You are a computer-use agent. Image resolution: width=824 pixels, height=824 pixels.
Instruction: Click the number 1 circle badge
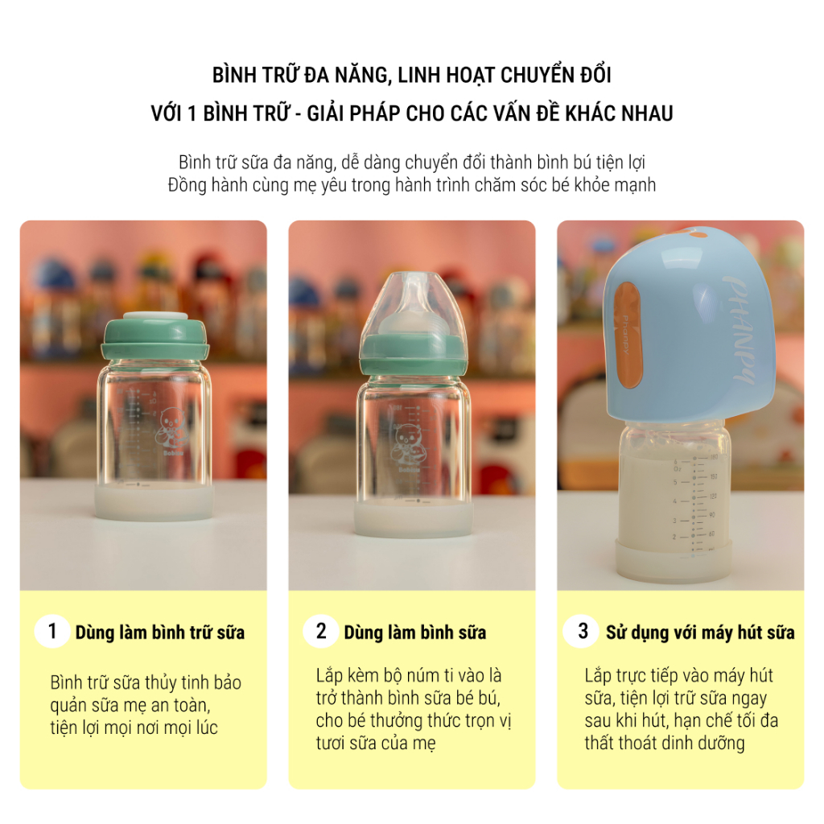[x=52, y=631]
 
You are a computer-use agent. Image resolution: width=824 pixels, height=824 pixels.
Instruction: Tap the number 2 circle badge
[x=320, y=631]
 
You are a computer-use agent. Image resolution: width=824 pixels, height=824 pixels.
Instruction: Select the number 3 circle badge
[x=583, y=631]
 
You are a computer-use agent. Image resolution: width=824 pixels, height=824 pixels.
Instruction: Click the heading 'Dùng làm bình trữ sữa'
[x=160, y=632]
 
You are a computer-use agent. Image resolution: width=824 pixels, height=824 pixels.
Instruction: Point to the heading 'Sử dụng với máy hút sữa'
[x=700, y=632]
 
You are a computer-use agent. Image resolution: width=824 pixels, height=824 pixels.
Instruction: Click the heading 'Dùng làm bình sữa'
[x=414, y=632]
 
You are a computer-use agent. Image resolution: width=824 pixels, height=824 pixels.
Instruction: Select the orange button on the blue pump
[x=628, y=335]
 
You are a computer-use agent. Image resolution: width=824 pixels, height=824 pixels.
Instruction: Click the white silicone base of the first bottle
[x=154, y=501]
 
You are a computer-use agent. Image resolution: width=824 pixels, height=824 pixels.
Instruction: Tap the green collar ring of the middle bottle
[x=413, y=355]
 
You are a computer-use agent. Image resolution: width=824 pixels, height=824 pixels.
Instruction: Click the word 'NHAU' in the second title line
[x=646, y=113]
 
